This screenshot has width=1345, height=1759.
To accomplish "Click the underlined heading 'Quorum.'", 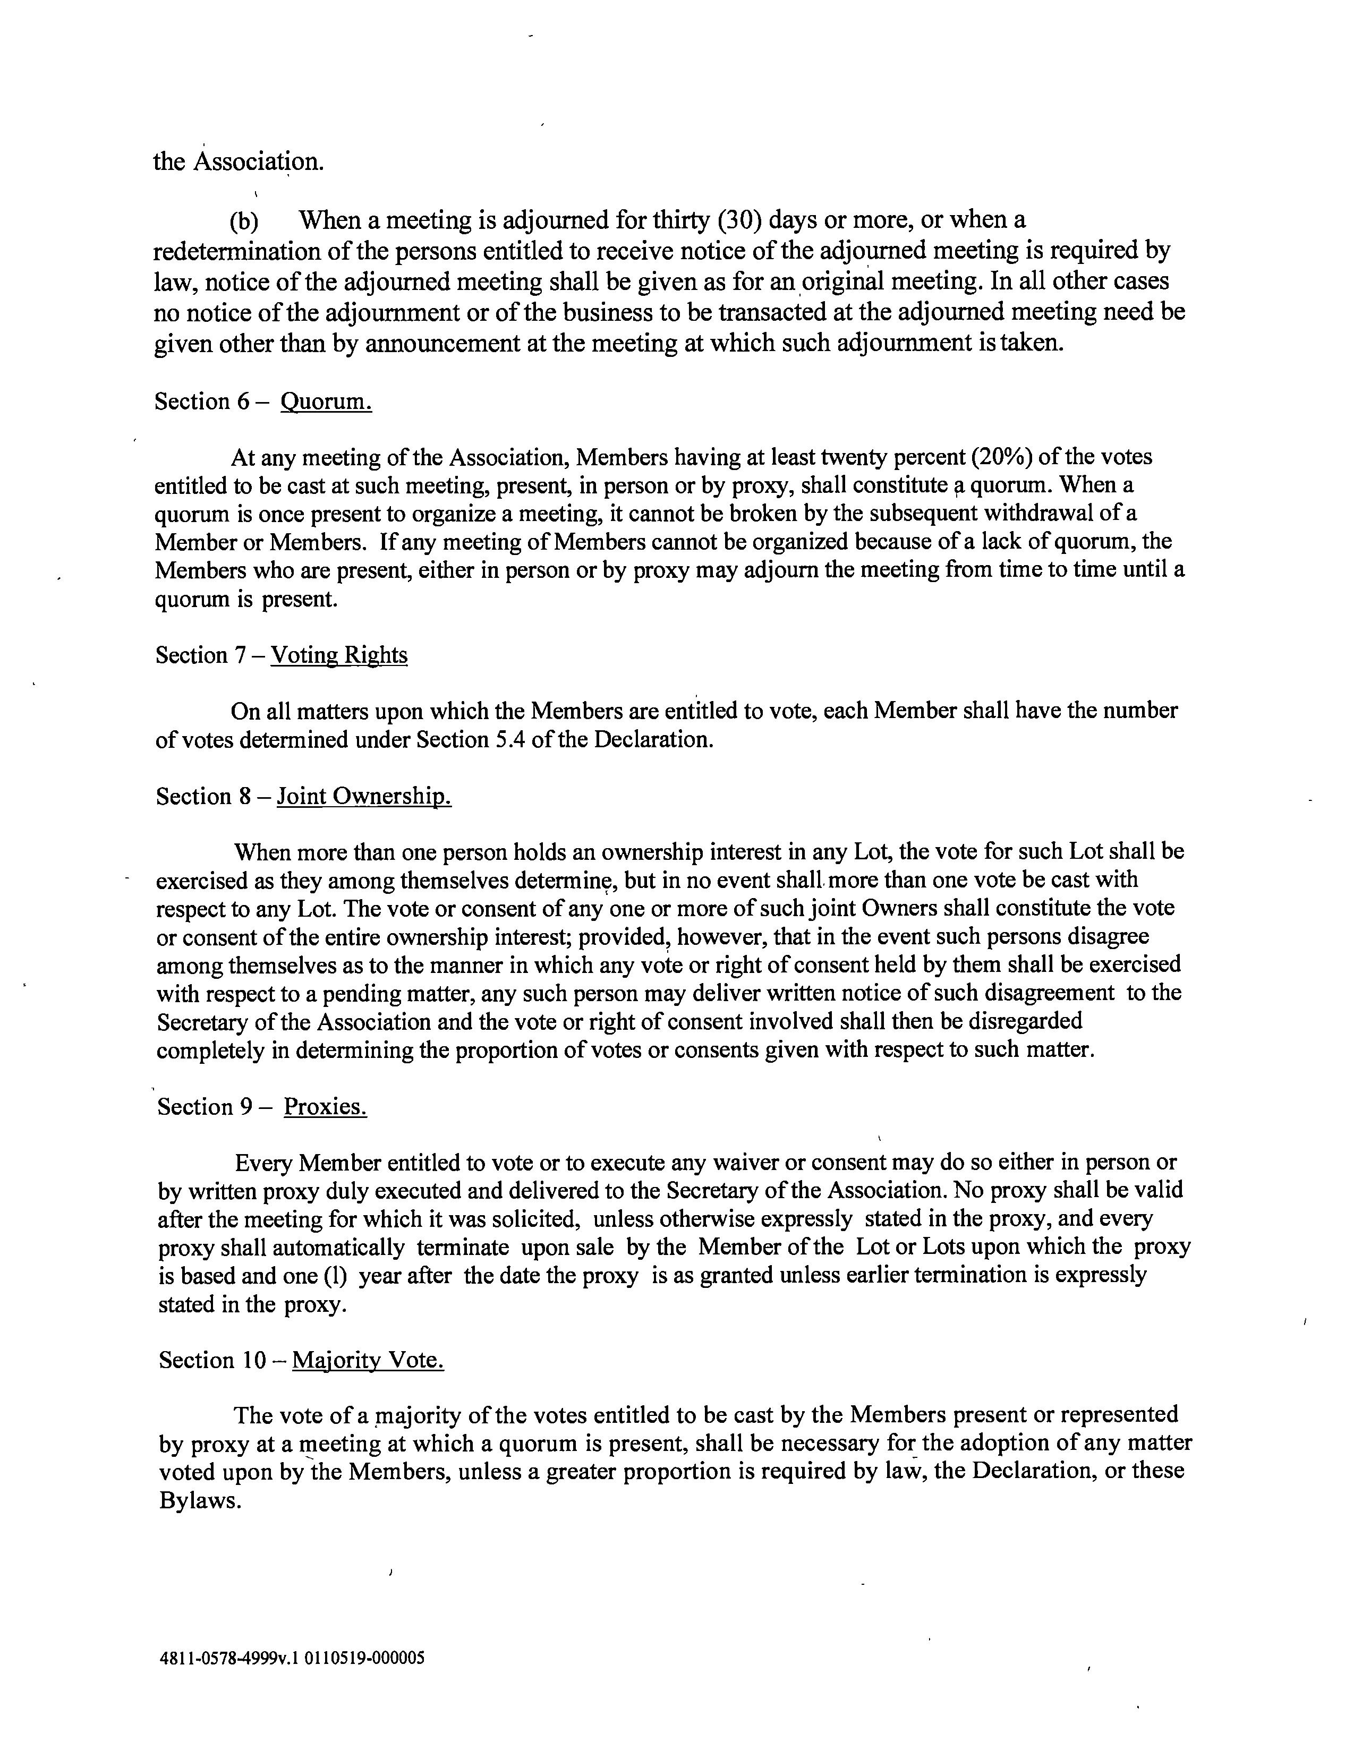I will pos(326,401).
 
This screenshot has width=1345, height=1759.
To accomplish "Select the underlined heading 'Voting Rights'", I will pos(339,655).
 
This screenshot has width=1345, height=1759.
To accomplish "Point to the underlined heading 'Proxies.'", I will pos(325,1107).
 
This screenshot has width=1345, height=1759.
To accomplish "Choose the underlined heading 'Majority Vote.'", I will pos(368,1361).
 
